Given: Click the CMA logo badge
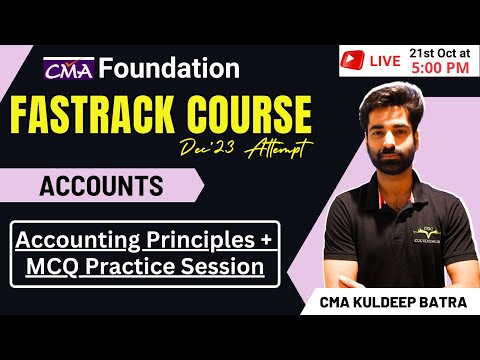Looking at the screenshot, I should point(69,69).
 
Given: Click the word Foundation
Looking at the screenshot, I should point(170,69).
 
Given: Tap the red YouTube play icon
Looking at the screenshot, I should point(351,61).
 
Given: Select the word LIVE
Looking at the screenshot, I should point(386,61).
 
